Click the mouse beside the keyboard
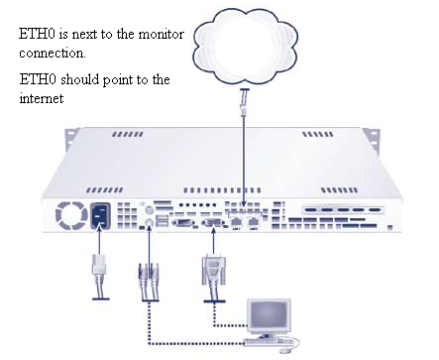[286, 346]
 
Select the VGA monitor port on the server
[212, 224]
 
